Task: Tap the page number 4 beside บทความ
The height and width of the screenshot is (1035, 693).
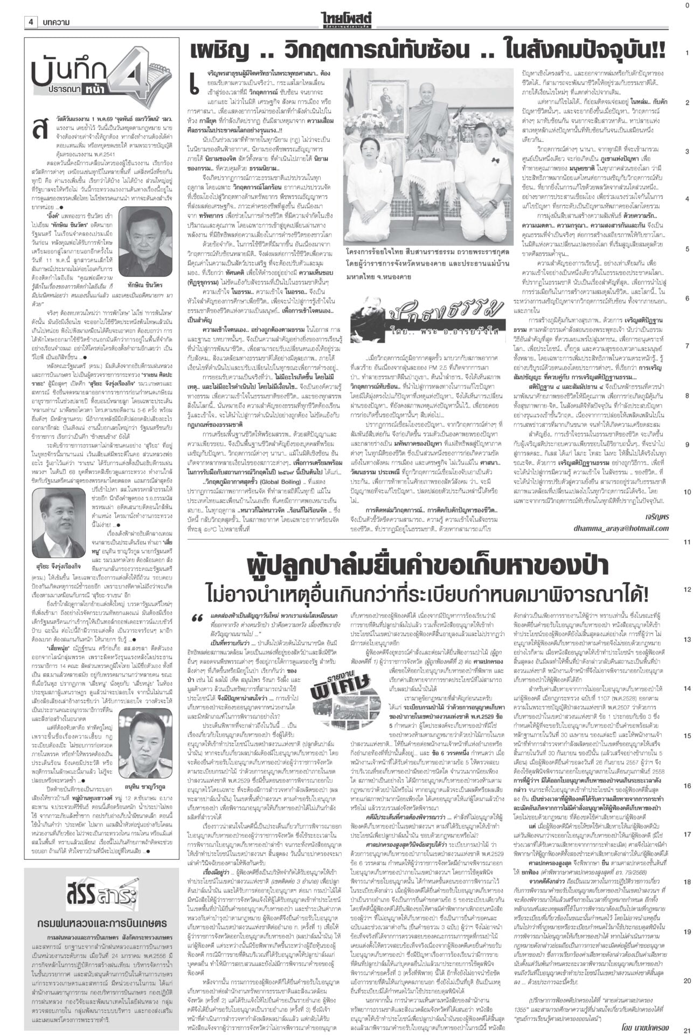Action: click(x=31, y=22)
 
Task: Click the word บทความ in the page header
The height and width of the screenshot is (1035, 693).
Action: click(x=55, y=22)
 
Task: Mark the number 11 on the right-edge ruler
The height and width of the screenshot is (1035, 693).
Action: click(x=687, y=541)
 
